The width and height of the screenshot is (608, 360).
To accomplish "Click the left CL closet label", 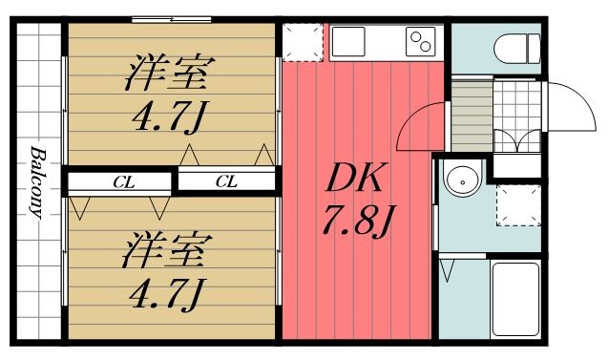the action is click(x=124, y=182).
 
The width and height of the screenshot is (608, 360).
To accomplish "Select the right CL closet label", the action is click(x=226, y=181).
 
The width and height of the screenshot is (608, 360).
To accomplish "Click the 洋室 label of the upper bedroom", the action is click(x=170, y=74).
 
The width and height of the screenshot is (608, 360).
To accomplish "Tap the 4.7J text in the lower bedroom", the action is click(x=167, y=295).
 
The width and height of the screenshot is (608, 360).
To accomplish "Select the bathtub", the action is click(x=515, y=300).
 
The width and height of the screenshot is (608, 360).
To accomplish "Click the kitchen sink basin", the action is click(x=347, y=41).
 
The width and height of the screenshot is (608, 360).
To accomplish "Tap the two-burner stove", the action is click(x=421, y=41).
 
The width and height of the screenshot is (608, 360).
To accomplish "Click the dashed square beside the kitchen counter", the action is click(x=303, y=42).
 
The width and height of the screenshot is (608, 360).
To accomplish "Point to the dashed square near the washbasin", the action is click(x=519, y=205).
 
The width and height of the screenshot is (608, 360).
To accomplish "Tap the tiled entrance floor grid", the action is click(x=517, y=116).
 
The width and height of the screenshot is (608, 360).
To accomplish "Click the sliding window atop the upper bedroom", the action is click(x=172, y=19).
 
